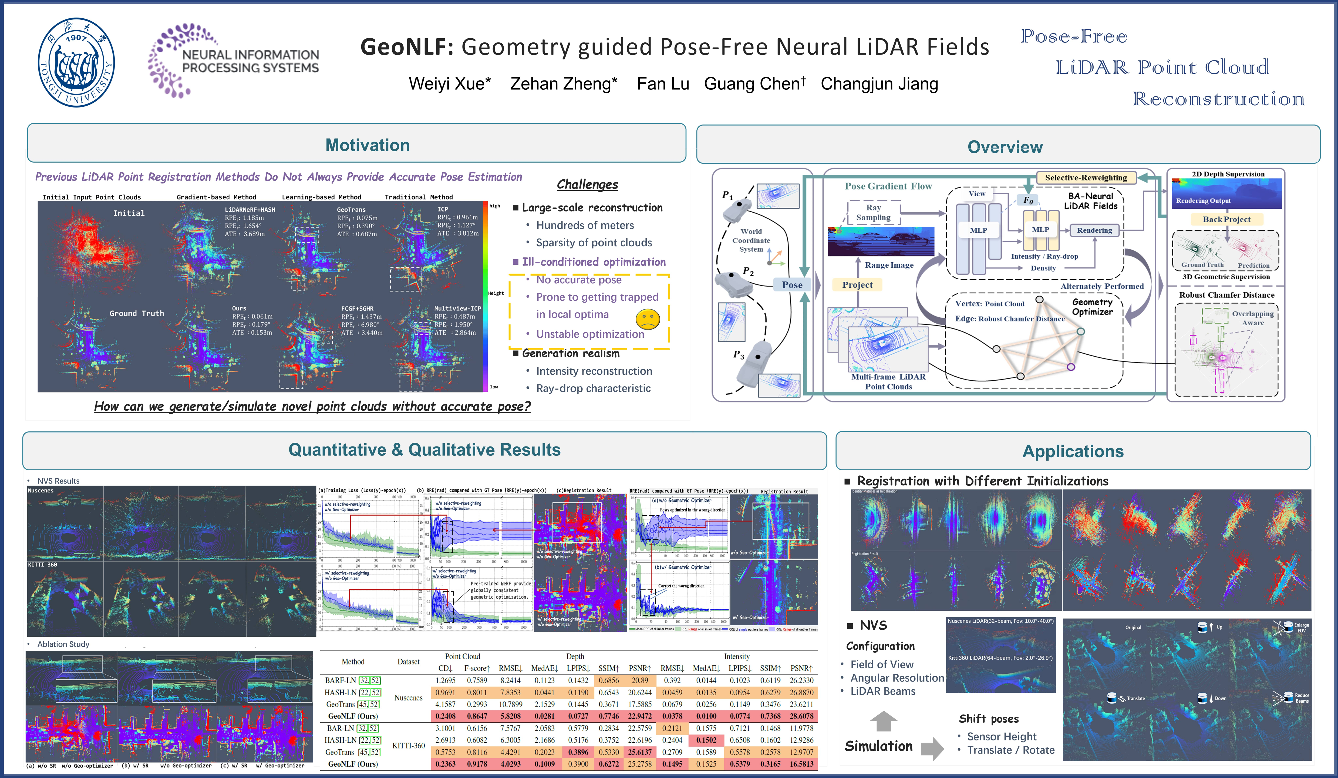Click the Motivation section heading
coord(368,145)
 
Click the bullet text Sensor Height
coord(1001,737)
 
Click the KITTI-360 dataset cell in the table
coord(408,746)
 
